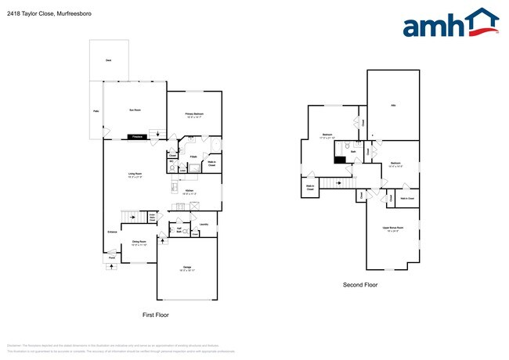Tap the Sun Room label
click(x=135, y=110)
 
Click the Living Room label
click(x=134, y=175)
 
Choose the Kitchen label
click(x=189, y=190)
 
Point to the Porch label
click(x=111, y=257)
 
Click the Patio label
click(x=96, y=112)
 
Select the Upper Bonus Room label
click(x=392, y=228)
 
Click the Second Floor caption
click(x=360, y=285)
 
